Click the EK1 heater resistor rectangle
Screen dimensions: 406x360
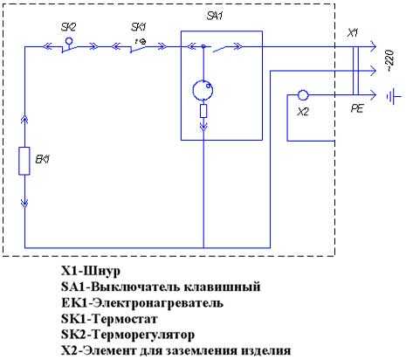pyautogui.click(x=24, y=161)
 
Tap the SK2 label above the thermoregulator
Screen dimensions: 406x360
pyautogui.click(x=68, y=27)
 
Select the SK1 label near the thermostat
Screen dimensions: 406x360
pyautogui.click(x=138, y=27)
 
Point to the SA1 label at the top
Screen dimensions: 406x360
pyautogui.click(x=215, y=16)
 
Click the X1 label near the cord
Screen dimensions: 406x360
pyautogui.click(x=353, y=33)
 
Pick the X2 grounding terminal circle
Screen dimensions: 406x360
pyautogui.click(x=303, y=95)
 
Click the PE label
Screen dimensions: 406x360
pyautogui.click(x=357, y=108)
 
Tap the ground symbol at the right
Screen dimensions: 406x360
pyautogui.click(x=394, y=96)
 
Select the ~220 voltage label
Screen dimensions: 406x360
pyautogui.click(x=390, y=61)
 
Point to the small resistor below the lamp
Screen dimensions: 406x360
pyautogui.click(x=203, y=111)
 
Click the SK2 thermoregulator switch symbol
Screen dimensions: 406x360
pyautogui.click(x=69, y=45)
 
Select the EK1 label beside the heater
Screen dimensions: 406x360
pyautogui.click(x=42, y=159)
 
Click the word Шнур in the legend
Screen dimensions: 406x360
pyautogui.click(x=102, y=272)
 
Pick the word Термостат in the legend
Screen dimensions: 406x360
pyautogui.click(x=125, y=319)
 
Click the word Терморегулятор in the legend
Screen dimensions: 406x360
pyautogui.click(x=143, y=335)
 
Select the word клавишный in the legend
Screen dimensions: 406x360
pyautogui.click(x=223, y=287)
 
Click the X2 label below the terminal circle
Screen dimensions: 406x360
pyautogui.click(x=303, y=111)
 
